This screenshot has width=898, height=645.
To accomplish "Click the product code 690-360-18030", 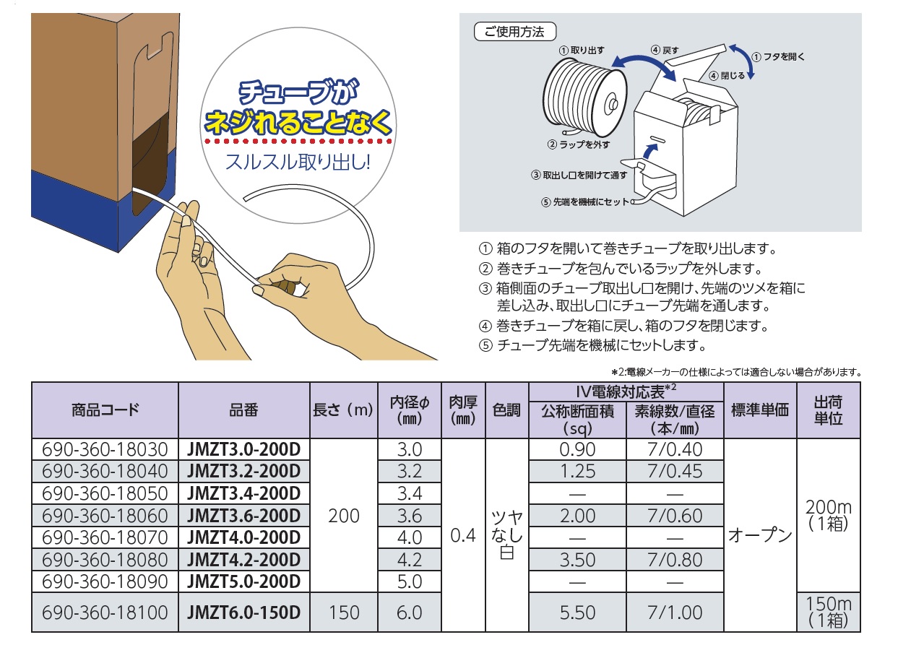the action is pos(105,449).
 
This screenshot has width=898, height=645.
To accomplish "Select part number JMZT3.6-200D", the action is pos(243,516).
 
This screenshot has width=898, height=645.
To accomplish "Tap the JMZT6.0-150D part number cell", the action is pos(243,612).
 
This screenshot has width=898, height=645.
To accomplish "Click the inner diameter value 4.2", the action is pos(410,560).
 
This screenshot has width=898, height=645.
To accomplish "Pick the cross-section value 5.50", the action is pos(577,612).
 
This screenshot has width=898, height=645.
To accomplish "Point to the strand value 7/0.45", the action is pos(675,471).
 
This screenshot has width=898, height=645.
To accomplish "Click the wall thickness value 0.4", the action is pos(463,535).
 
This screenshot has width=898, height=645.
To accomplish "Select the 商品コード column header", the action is pos(105,410).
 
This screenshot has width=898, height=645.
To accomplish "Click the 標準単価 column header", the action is pos(760,410).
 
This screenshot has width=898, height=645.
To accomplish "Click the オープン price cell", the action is pos(760,535).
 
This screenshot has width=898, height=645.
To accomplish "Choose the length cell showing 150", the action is pos(344,612).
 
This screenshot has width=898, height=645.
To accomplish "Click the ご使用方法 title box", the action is pos(515,32).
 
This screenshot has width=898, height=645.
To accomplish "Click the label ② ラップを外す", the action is pos(579,144).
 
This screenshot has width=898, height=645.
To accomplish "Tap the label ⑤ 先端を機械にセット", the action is pos(585,202).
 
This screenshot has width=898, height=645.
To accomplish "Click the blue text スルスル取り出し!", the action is pos(298,163).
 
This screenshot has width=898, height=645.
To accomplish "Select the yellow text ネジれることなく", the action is pos(298,121).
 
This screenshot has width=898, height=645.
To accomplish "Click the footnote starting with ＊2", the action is pos(736,373).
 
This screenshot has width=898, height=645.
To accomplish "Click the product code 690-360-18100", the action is pos(105,612).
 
